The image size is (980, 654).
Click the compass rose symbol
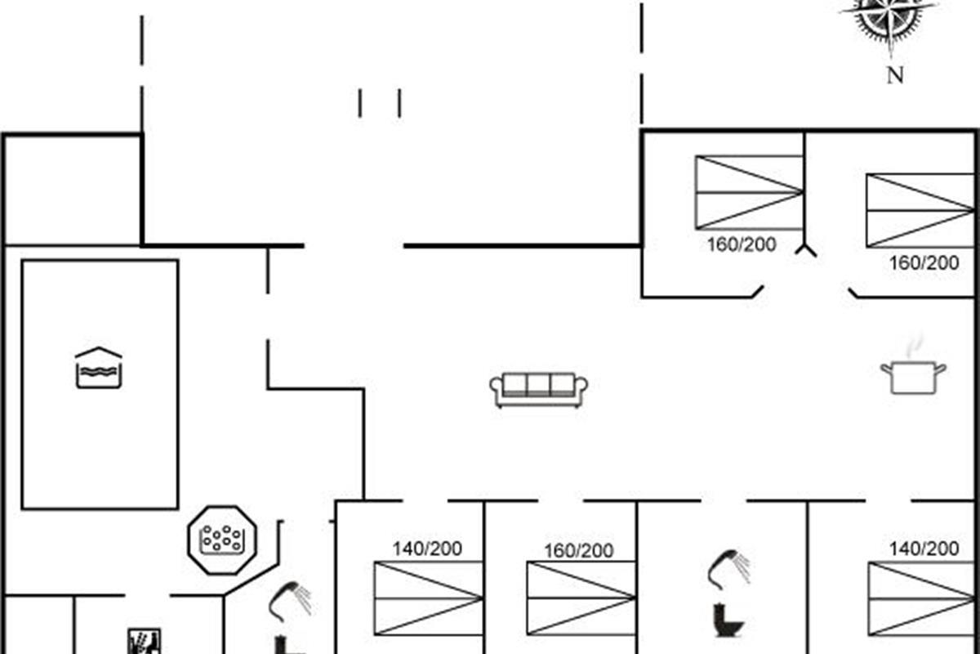coord(889,18)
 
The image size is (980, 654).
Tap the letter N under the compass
coord(895,76)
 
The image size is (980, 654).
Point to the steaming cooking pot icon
coord(913,372)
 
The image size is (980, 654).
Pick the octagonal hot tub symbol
coord(222,538)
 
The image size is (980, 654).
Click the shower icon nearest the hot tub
coord(290,601)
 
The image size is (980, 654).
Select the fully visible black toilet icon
coord(728,620)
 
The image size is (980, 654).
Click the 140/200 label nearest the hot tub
coord(427,549)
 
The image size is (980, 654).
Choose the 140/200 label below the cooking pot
coord(924,549)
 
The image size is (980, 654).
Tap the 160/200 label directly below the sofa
coord(579,551)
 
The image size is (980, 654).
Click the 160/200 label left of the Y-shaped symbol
coord(742,244)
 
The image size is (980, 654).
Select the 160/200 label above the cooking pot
coord(924,263)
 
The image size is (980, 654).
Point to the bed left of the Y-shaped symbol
coord(749,191)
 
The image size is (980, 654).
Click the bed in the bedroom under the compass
coord(921,210)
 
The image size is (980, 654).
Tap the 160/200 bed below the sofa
coord(581,598)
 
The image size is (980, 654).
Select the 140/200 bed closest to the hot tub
coord(428,598)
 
